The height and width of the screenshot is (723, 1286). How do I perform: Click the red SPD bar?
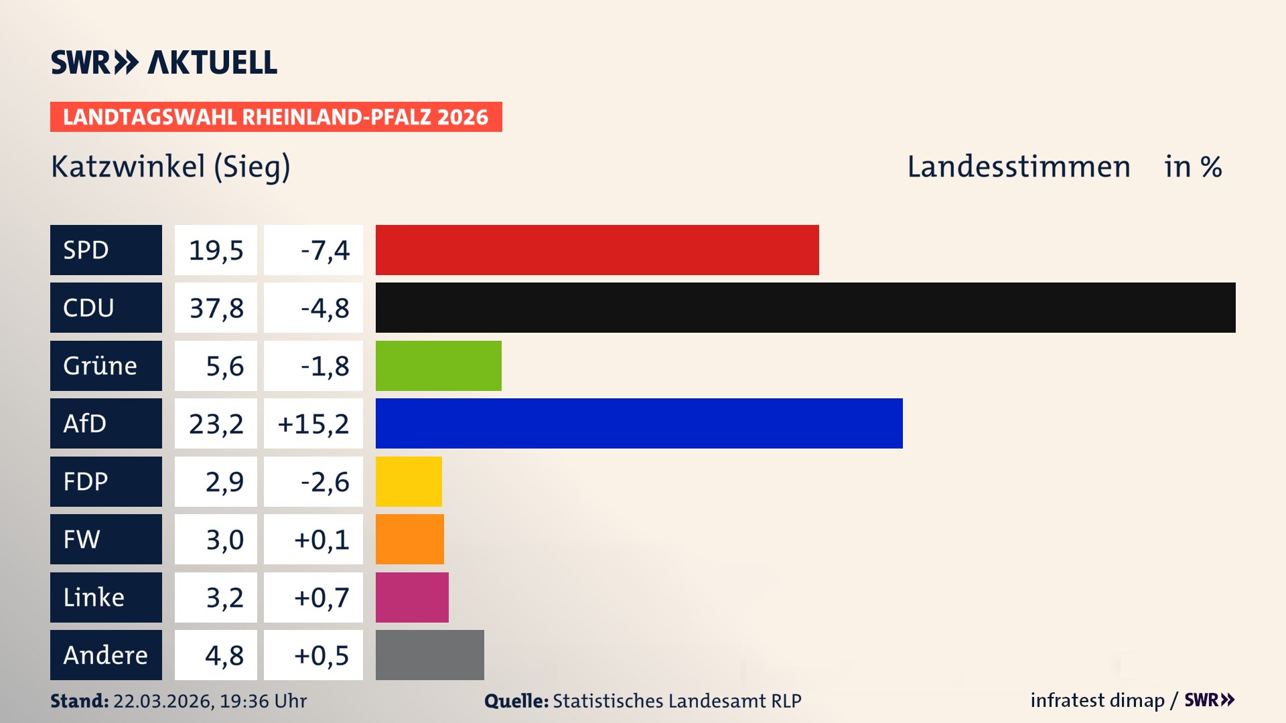597,250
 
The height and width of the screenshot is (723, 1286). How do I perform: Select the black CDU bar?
805,307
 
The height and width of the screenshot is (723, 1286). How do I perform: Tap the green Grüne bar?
438,366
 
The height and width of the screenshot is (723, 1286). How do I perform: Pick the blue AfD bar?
639,423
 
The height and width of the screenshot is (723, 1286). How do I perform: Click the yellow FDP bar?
409,481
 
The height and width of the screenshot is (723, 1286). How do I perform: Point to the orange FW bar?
409,539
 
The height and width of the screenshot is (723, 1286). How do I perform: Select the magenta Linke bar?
412,597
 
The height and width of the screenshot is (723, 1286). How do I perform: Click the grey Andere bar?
429,655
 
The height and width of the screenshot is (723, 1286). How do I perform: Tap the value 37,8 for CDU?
216,308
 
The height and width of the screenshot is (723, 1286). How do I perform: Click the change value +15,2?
313,424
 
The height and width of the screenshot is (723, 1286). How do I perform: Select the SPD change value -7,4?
325,250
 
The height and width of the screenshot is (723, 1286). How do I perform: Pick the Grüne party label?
100,366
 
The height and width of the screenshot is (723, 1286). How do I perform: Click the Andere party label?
105,655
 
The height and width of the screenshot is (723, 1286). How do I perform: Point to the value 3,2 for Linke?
224,597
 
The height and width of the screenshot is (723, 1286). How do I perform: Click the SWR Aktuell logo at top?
164,62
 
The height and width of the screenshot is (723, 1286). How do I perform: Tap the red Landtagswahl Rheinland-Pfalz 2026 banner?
276,117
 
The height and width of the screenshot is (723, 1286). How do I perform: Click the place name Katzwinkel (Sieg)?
171,167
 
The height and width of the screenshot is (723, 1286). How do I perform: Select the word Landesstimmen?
1018,167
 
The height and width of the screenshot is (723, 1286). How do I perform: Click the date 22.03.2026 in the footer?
163,701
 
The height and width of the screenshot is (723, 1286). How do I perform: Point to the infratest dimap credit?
1096,700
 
